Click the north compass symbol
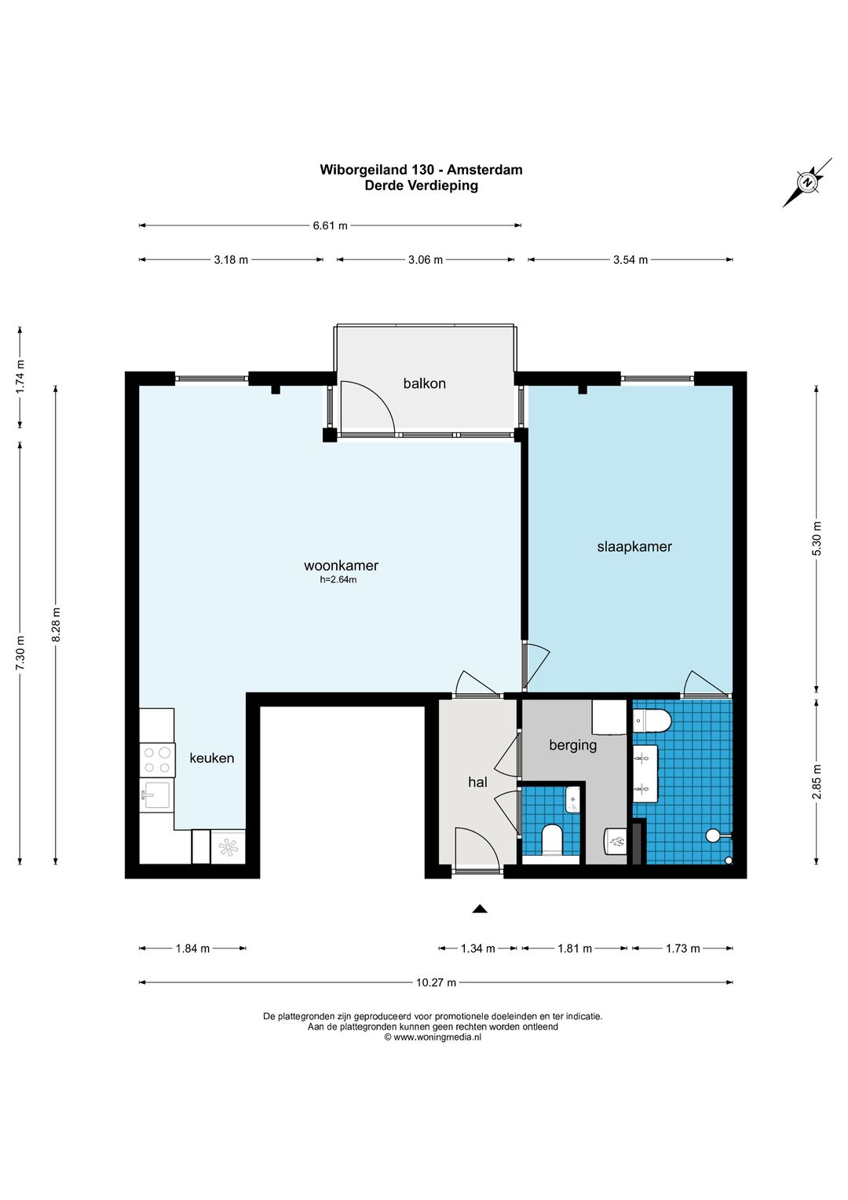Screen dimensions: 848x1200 coord(807,182)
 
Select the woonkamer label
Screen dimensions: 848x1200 coord(341,565)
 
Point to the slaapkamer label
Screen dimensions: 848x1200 coord(634,546)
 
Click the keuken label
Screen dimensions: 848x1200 coord(211,758)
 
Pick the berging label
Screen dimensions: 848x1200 coord(573,745)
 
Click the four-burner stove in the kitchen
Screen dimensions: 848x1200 coord(157,760)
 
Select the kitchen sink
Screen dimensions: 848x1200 coord(155,794)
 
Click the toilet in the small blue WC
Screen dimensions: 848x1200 coord(552,840)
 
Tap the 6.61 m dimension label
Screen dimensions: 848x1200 coord(331,226)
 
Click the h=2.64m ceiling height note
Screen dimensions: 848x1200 coord(338,579)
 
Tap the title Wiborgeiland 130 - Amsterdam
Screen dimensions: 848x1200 coord(421,170)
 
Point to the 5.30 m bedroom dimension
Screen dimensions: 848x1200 coord(817,538)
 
